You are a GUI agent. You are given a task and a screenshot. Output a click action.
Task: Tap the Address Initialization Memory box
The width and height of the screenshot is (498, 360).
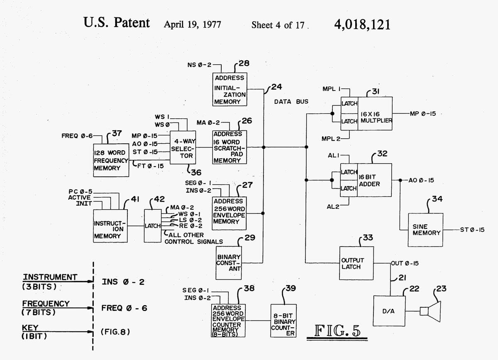tap(230, 90)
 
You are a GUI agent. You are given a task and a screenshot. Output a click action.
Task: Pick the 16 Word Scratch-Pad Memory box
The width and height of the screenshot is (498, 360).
tap(229, 147)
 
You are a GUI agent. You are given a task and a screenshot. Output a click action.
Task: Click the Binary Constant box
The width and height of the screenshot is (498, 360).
tap(229, 263)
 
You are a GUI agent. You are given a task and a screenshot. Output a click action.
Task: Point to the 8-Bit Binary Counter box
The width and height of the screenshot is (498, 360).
tap(283, 321)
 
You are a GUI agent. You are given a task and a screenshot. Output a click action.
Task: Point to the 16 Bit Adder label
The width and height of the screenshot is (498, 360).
tap(369, 181)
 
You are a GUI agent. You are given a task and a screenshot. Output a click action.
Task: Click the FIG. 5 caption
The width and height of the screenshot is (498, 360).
tap(337, 331)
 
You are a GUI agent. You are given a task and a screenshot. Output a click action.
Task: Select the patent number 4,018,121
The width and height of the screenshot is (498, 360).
tap(362, 24)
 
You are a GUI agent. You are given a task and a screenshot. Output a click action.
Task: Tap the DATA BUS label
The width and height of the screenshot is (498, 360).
tap(291, 101)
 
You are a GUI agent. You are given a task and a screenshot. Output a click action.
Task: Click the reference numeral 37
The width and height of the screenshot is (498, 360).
tap(117, 133)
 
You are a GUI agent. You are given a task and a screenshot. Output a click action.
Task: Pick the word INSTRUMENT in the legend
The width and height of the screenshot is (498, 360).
tap(50, 277)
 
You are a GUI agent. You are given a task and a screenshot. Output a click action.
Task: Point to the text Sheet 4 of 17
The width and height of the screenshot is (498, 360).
tap(278, 25)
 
